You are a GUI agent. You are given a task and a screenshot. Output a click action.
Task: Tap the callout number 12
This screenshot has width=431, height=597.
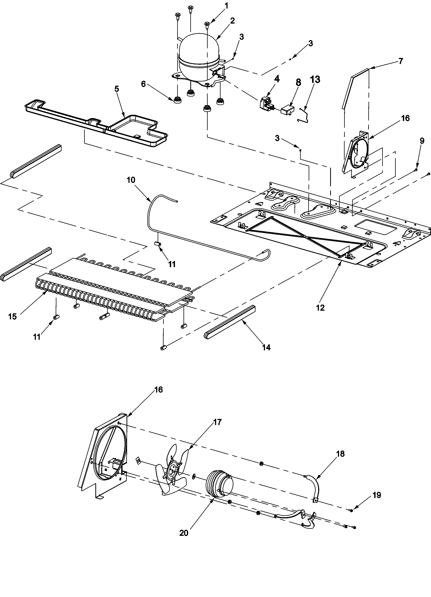[x=320, y=307]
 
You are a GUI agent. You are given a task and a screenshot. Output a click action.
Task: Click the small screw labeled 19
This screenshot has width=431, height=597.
[x=351, y=510]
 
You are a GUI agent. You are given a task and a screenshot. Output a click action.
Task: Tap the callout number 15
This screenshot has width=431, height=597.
[x=12, y=316]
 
